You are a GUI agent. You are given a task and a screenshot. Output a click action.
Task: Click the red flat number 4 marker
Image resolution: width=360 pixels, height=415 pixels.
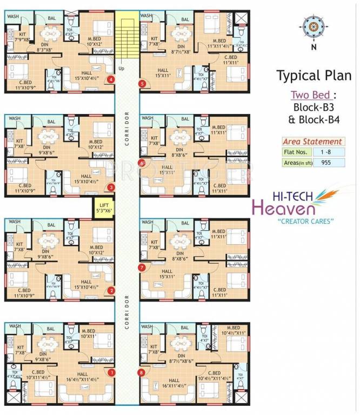(111, 80)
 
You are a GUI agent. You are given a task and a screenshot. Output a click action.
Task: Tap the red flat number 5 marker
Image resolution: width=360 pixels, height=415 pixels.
(142, 83)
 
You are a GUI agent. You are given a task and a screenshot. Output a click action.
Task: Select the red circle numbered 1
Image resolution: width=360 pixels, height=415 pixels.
(112, 372)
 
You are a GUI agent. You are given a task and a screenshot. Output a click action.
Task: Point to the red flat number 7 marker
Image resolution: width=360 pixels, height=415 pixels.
(142, 267)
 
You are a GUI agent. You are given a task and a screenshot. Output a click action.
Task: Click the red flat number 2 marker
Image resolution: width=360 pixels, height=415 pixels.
(111, 291)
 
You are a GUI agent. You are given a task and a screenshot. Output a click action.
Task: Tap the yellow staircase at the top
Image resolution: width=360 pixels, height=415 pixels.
(128, 35)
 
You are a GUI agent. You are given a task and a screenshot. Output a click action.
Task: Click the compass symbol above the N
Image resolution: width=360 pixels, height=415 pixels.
(313, 25)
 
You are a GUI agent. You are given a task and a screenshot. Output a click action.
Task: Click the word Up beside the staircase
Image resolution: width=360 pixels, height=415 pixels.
(121, 69)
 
